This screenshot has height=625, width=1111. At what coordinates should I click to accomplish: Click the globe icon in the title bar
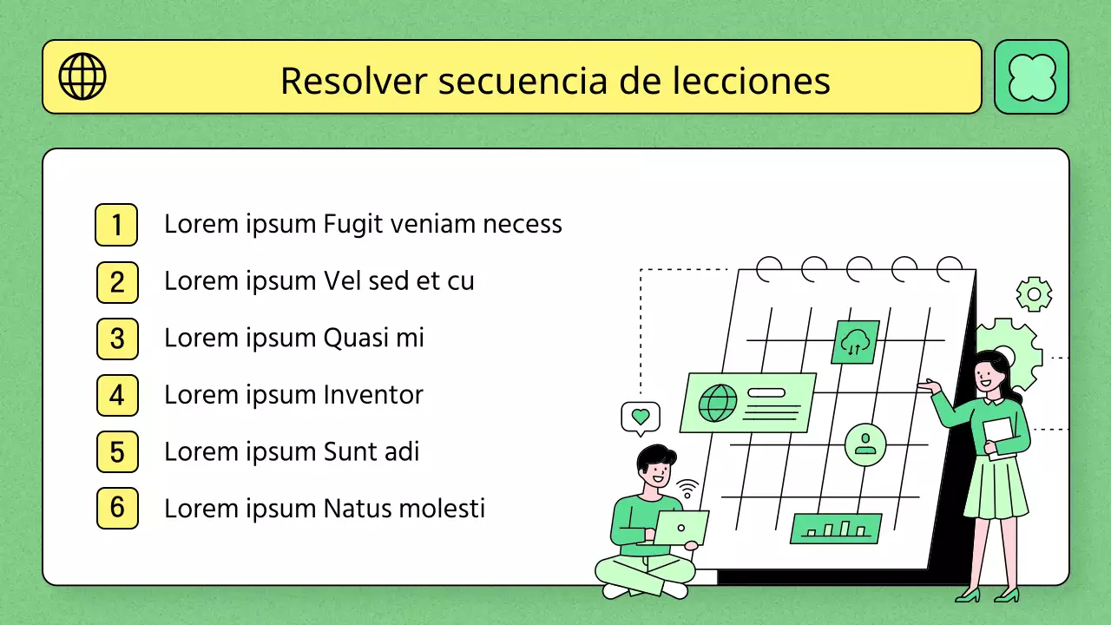[82, 76]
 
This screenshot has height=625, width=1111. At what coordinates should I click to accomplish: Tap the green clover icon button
[1031, 76]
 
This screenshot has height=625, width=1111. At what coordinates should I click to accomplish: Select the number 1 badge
[116, 225]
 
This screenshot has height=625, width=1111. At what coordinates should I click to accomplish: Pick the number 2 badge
[117, 282]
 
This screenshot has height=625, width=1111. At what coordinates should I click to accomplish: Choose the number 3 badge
[117, 339]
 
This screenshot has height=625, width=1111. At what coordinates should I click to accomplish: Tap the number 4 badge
[117, 396]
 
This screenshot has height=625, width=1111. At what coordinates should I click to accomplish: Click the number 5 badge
[117, 452]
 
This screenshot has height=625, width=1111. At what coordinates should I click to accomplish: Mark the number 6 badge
[117, 509]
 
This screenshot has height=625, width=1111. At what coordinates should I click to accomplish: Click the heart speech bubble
[641, 418]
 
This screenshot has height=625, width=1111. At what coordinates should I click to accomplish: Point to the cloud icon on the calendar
[855, 342]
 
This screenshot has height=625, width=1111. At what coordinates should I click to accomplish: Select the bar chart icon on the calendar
[835, 528]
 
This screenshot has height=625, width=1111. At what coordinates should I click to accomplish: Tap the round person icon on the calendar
[864, 444]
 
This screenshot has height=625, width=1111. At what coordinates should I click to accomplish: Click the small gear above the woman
[1034, 294]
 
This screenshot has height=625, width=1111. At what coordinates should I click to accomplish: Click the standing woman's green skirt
[996, 489]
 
